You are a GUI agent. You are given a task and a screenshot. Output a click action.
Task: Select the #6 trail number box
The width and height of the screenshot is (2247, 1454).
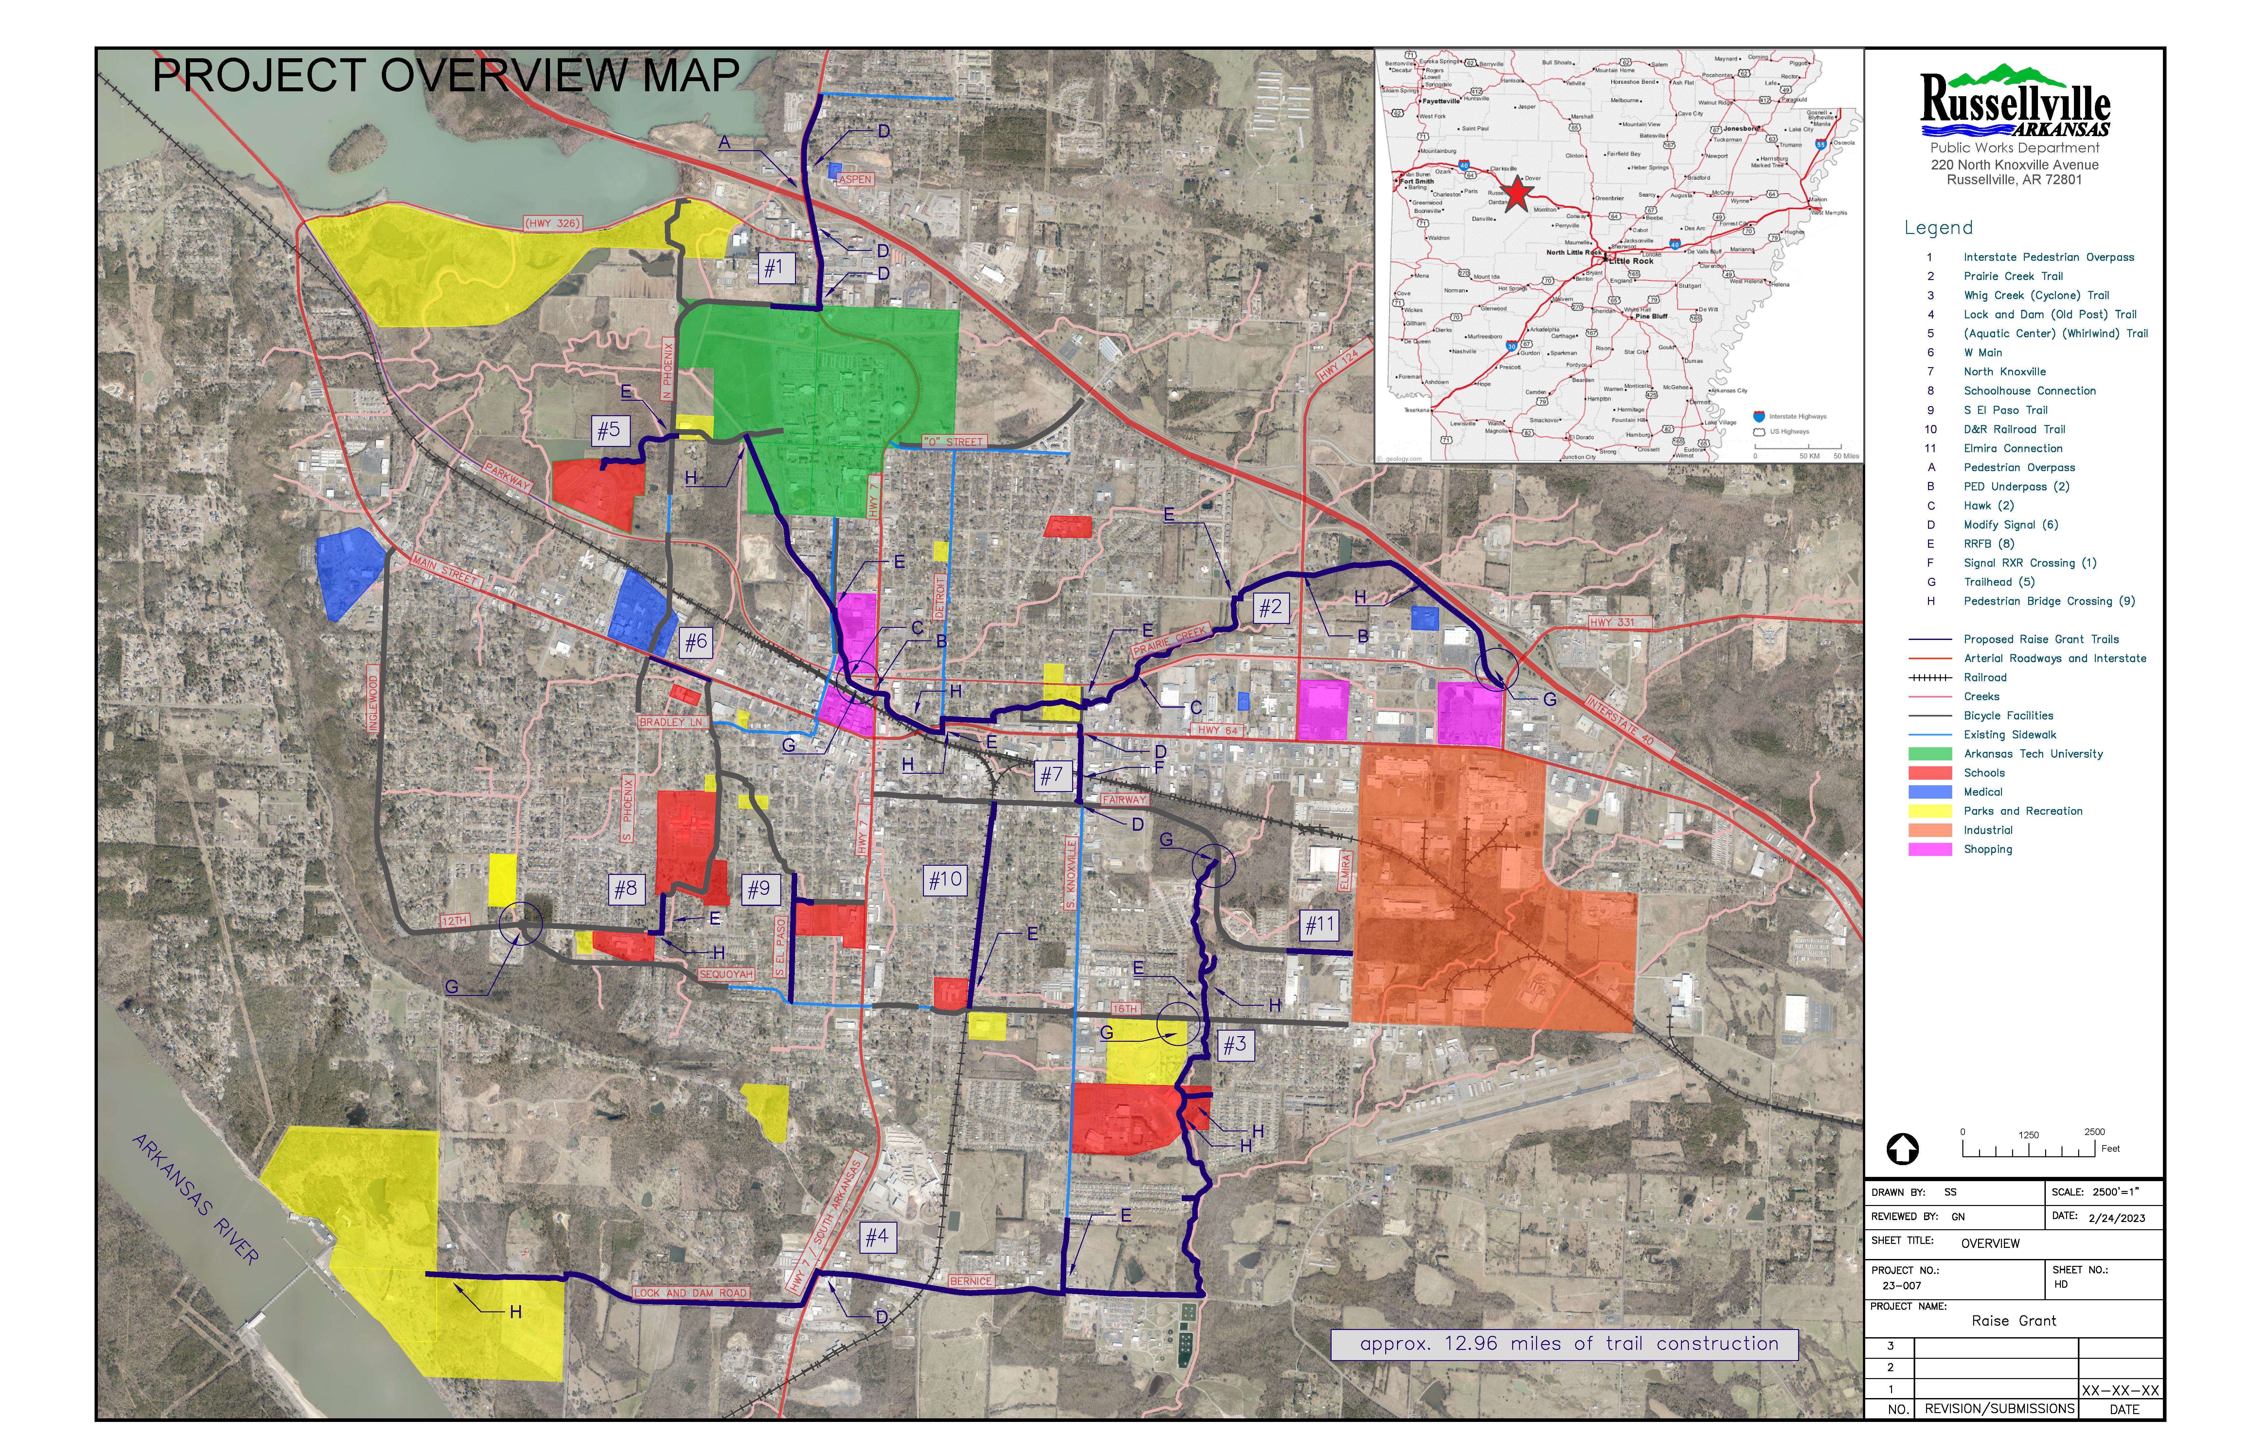(696, 642)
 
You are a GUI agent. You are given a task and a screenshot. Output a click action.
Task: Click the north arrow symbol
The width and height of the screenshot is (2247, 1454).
(1902, 1148)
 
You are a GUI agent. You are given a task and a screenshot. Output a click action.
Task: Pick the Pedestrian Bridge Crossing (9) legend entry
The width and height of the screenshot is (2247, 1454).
(2047, 601)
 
